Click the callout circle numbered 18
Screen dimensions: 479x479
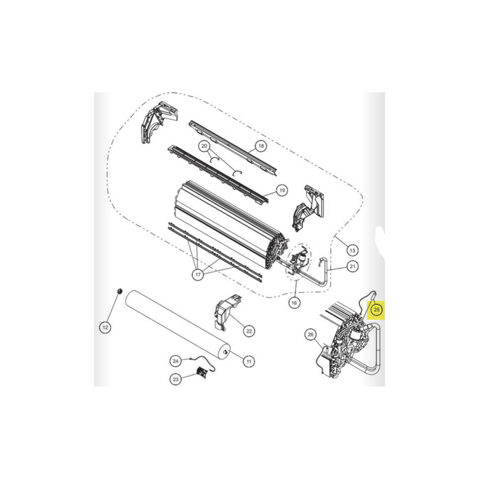click(x=261, y=146)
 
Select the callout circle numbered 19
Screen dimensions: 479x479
click(x=281, y=190)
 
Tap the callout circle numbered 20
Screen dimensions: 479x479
click(x=204, y=146)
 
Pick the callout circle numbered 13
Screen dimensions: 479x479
click(x=353, y=250)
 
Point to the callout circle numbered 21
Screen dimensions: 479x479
click(x=353, y=266)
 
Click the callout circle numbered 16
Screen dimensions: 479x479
click(x=294, y=303)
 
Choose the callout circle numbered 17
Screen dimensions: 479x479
click(x=198, y=274)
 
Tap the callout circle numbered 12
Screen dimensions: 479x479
click(x=105, y=328)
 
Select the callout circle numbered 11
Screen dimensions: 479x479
click(x=248, y=362)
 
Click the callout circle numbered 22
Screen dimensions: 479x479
click(x=249, y=331)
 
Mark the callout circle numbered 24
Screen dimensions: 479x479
click(x=175, y=361)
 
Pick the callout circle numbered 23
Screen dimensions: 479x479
click(x=175, y=380)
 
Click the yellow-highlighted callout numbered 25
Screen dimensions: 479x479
click(x=377, y=310)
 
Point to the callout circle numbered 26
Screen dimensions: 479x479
click(x=310, y=335)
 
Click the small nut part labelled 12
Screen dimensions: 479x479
click(x=120, y=290)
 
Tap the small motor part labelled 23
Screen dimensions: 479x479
click(x=201, y=372)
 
